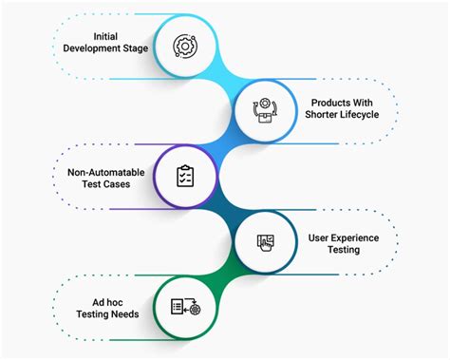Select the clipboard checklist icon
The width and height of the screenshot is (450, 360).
[x=185, y=176]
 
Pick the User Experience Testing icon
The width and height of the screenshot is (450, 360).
[x=267, y=241]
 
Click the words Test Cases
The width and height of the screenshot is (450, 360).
[x=106, y=184]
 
